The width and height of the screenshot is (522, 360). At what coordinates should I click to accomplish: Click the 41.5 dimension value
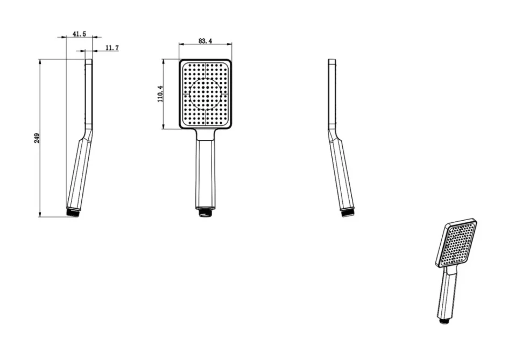coord(79,34)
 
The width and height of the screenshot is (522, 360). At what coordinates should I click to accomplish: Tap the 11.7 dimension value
coord(112,48)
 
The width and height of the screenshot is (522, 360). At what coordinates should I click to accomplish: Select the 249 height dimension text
coord(37,138)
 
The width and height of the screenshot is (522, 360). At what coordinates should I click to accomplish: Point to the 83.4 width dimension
coord(205,41)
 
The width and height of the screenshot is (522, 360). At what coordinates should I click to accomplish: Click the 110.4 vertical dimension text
coord(160,94)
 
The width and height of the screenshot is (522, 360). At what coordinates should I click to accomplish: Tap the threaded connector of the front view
coord(206,212)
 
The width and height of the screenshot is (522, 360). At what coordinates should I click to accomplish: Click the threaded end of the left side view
coord(73,213)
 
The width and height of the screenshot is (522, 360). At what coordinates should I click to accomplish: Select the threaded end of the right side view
coord(348,213)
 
